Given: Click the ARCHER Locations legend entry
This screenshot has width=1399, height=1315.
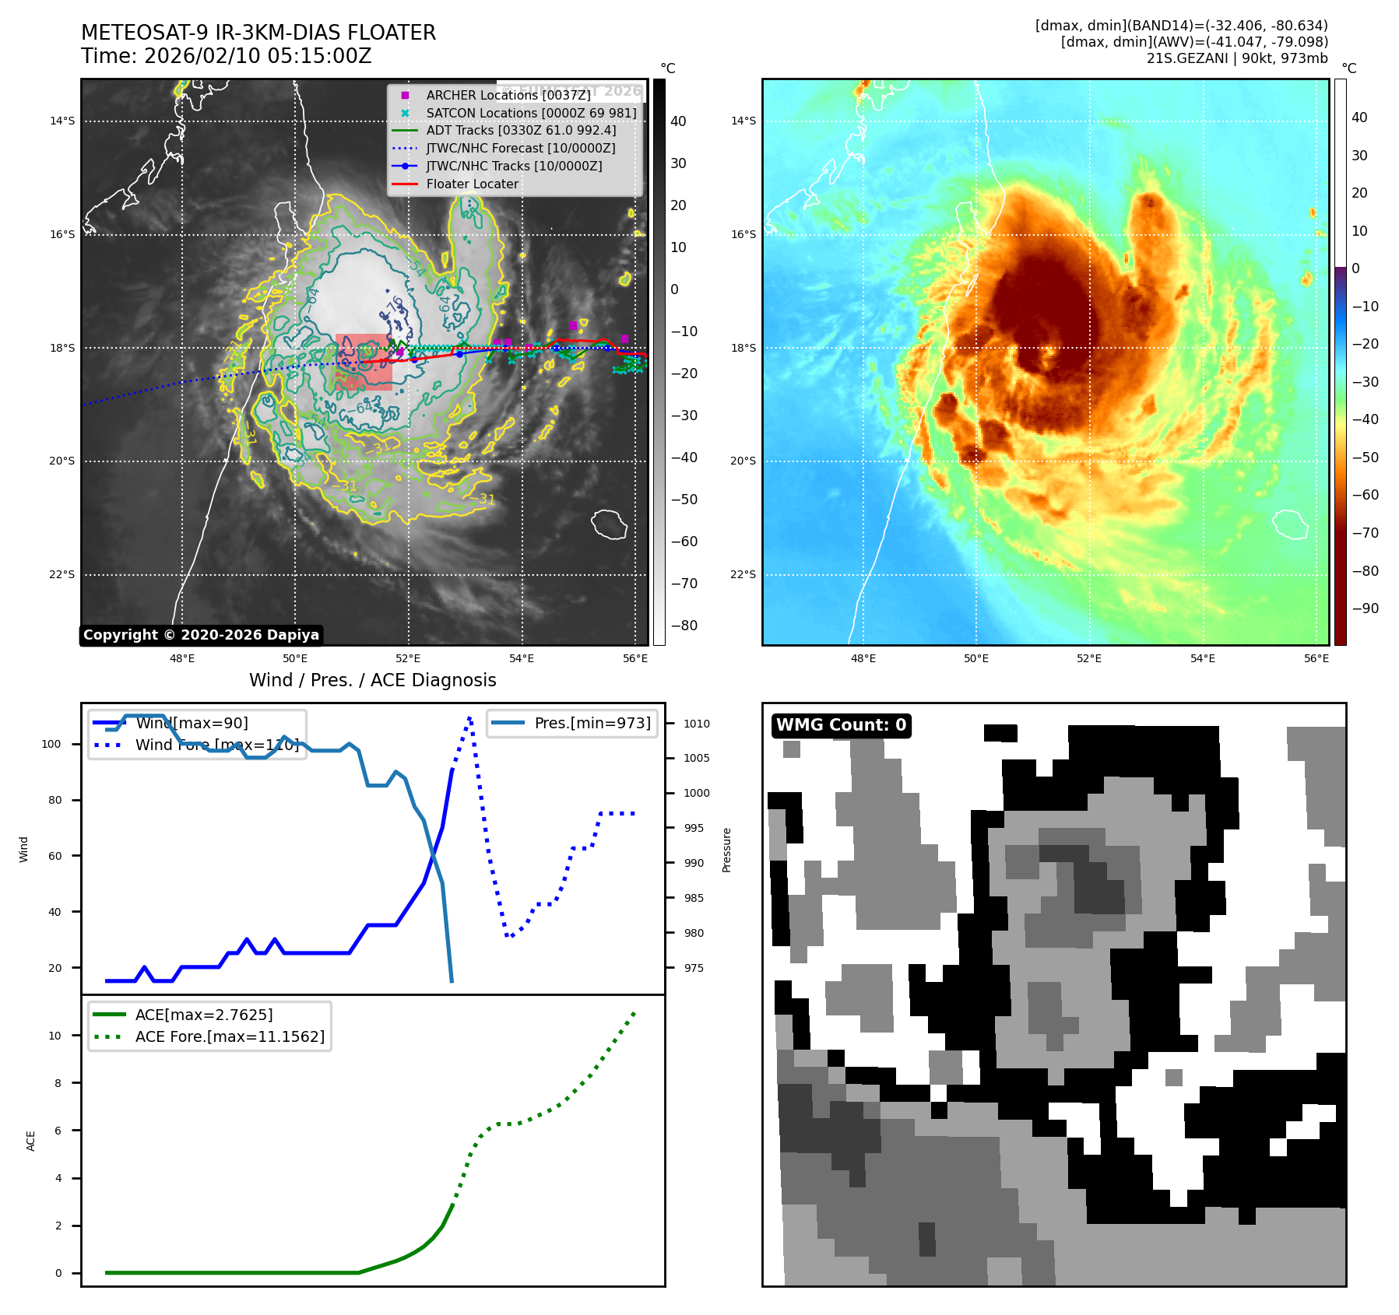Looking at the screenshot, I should (x=508, y=95).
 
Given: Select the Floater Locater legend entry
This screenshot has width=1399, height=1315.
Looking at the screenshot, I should (x=472, y=184).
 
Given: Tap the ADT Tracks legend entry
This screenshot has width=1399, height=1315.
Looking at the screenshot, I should (x=521, y=130).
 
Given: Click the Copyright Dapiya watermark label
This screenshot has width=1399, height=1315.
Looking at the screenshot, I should (x=201, y=635).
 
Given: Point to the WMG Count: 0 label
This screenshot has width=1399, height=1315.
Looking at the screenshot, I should (x=841, y=725).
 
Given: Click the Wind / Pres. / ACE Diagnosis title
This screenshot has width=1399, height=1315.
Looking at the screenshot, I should (x=372, y=680).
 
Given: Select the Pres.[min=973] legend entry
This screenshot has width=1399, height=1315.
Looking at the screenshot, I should (x=592, y=723).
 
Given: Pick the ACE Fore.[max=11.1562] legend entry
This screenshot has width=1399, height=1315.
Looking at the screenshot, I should (x=230, y=1036).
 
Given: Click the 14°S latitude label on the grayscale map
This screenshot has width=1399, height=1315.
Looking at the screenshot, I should (x=62, y=121).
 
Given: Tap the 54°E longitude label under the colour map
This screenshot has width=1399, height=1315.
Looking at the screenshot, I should (x=1202, y=658).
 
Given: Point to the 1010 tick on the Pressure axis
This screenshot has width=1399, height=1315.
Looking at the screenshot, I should (x=696, y=724).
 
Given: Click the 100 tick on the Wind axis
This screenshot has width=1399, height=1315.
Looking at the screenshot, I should (x=51, y=744).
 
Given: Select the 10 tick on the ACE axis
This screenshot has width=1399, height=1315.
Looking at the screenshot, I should (x=55, y=1036).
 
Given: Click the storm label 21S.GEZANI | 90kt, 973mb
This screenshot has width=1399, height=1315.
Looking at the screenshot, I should (x=1236, y=58).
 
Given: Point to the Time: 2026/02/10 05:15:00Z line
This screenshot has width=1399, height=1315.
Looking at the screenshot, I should (x=226, y=57).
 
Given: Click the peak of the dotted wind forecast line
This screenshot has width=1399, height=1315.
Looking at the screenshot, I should (x=470, y=717).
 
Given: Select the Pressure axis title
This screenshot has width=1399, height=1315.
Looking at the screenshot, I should (x=726, y=850).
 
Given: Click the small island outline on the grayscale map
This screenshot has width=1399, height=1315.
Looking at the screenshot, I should (x=609, y=524).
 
